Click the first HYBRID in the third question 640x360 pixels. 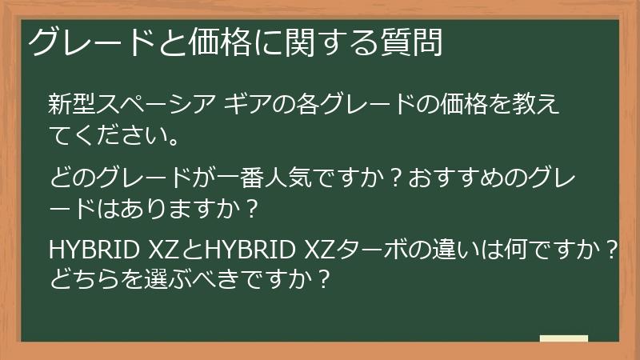(x=95, y=250)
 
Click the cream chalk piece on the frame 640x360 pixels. (x=564, y=338)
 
